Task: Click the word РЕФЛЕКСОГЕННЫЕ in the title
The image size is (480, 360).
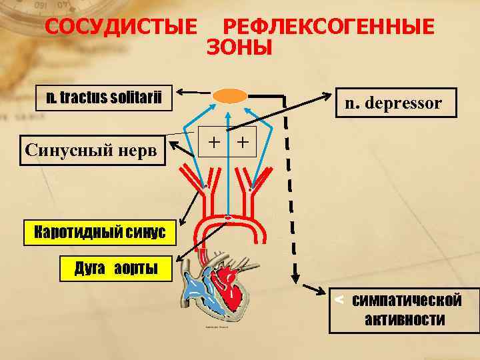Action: [327, 27]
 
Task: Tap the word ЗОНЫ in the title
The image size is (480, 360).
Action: [239, 48]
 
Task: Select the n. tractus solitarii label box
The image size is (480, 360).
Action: [104, 99]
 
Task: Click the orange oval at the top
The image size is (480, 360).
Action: [229, 96]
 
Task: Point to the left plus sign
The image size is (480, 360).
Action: [213, 141]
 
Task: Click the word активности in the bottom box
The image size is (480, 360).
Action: [405, 320]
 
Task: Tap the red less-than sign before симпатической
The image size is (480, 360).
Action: [339, 300]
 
